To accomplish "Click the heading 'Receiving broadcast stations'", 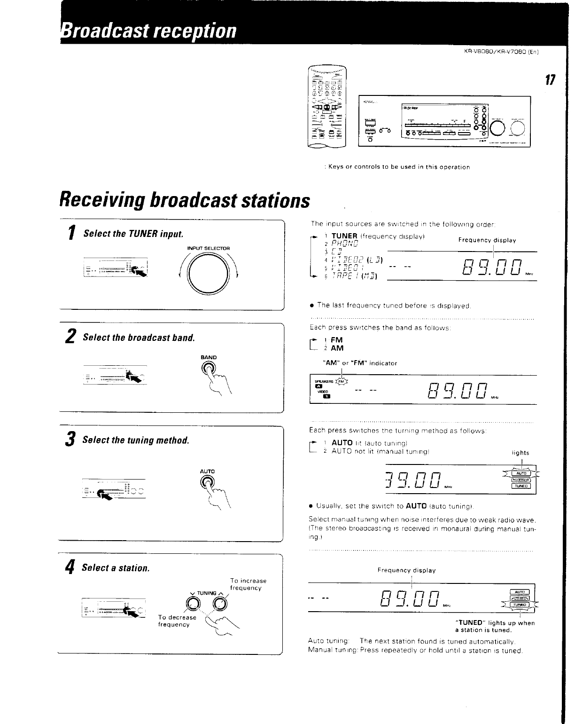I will tap(185, 199).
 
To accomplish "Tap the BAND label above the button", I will tap(209, 357).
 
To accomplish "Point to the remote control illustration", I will tap(326, 107).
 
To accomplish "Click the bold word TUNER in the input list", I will tap(344, 236).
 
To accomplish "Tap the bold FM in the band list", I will tap(337, 340).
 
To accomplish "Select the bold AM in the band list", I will tap(337, 348).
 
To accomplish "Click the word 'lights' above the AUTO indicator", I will tap(520, 453).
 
